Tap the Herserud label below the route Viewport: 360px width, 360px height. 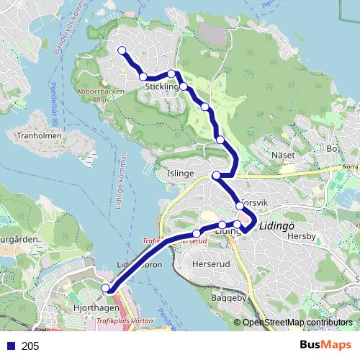(x=211, y=264)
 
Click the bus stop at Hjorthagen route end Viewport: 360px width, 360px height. (x=107, y=289)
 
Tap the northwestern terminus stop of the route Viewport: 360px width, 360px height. (x=122, y=50)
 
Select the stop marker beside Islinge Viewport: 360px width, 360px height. (x=216, y=176)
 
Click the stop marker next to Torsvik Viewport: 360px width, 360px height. (x=240, y=206)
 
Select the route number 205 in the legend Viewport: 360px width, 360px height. (x=30, y=346)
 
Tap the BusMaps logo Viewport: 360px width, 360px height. (x=325, y=345)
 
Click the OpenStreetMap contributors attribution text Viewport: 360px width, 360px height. (x=299, y=323)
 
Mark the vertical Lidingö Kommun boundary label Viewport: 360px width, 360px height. (x=120, y=180)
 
